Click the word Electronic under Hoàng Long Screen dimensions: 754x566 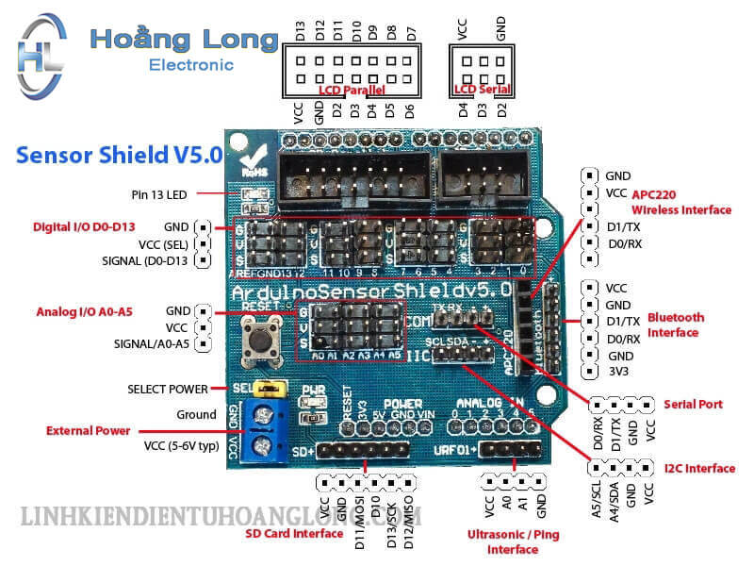click(191, 65)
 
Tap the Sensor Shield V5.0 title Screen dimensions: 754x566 click(118, 154)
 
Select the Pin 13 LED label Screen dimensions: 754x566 click(159, 195)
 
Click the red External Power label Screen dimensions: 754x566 click(89, 431)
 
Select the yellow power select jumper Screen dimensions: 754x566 click(272, 388)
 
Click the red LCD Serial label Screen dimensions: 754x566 click(482, 90)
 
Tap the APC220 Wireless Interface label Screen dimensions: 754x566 click(680, 202)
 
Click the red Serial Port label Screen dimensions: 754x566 click(693, 404)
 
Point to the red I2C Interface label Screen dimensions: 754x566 click(699, 468)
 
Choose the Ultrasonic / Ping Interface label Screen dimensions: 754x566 click(513, 541)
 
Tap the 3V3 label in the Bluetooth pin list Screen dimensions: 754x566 click(617, 373)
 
